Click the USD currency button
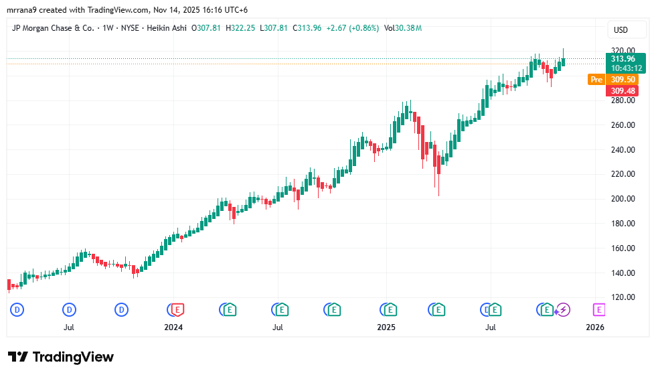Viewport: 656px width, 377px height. coord(621,30)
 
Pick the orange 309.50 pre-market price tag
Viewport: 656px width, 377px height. coord(623,80)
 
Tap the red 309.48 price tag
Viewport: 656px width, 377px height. coord(623,90)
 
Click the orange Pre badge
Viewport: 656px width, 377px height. coord(596,80)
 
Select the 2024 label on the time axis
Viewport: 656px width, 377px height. coord(173,327)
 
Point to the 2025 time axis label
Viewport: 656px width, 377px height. coord(386,327)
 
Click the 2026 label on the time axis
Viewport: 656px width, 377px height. coord(594,327)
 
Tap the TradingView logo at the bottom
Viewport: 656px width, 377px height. coord(61,357)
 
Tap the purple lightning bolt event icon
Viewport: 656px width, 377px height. coord(564,309)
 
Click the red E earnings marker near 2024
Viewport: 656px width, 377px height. coord(177,309)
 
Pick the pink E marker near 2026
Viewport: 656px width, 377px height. coord(598,309)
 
